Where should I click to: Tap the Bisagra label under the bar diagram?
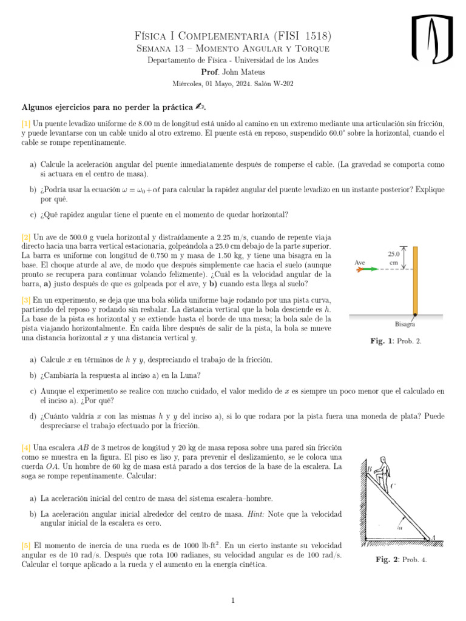[405, 324]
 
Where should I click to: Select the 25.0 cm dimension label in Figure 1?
[393, 258]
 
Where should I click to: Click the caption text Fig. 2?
[388, 559]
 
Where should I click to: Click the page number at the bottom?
[233, 601]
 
